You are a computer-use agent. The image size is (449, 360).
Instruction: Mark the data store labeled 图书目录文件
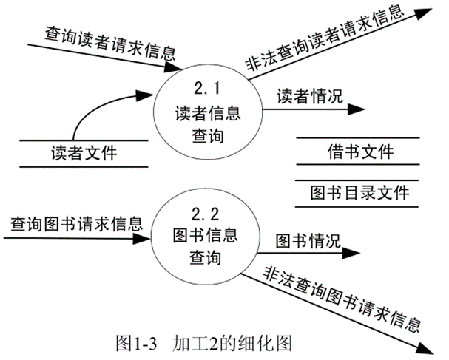[x=359, y=194]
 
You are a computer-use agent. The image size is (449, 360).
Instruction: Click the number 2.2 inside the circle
[x=205, y=216]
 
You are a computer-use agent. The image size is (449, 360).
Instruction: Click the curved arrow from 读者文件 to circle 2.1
[x=111, y=111]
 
